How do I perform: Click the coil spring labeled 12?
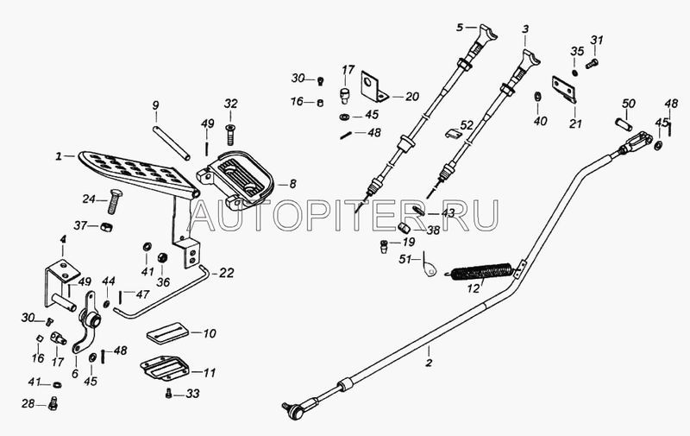[x=480, y=272]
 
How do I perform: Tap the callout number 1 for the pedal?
[x=58, y=156]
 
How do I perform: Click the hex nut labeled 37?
[x=106, y=227]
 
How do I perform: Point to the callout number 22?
[x=226, y=273]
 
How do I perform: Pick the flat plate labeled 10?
[x=167, y=332]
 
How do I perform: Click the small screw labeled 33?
[x=168, y=394]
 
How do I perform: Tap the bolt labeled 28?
[x=53, y=403]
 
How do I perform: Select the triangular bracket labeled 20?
[x=374, y=87]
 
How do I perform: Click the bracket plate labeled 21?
[x=565, y=90]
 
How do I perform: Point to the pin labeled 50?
[x=624, y=124]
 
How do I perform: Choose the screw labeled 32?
[x=229, y=135]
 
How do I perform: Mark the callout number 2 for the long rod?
[x=429, y=363]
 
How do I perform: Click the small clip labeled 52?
[x=452, y=134]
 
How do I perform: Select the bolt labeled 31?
[x=592, y=64]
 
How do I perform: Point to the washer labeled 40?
[x=537, y=97]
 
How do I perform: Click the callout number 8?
[x=292, y=184]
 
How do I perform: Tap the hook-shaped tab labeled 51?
[x=429, y=266]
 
